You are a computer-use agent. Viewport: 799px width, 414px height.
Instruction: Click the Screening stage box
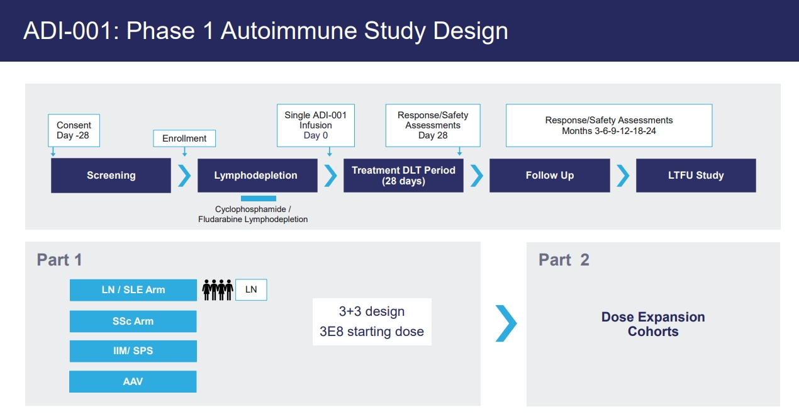pos(111,176)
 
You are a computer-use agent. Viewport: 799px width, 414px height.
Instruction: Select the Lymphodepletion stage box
pos(257,176)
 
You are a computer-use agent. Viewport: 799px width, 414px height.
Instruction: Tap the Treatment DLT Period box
pos(403,176)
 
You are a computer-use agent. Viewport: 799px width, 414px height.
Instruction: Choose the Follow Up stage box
pos(550,176)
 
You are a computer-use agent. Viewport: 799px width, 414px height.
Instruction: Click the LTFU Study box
pos(696,176)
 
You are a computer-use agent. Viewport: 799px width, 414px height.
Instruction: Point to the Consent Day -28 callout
pos(74,130)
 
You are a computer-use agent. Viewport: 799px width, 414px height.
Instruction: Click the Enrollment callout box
pos(184,138)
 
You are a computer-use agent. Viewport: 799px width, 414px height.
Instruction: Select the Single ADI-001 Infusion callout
pos(316,125)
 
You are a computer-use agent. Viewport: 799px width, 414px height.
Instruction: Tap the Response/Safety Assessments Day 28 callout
pos(433,125)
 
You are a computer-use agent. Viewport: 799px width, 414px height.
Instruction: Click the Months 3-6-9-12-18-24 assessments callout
pos(609,125)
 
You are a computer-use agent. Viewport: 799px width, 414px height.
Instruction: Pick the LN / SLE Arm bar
pos(133,290)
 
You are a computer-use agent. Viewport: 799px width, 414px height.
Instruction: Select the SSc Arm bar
pos(133,322)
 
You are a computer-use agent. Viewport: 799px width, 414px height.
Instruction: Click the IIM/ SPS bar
pos(133,351)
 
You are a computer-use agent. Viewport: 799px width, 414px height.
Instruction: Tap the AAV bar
pos(133,381)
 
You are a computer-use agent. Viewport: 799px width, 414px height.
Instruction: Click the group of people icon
pos(218,290)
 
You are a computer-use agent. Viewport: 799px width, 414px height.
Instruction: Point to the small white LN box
pos(251,290)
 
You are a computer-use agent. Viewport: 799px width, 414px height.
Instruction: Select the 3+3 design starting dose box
pos(372,322)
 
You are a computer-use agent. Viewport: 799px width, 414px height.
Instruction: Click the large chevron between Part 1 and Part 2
pos(506,323)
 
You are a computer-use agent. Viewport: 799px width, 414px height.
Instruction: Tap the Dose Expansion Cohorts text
pos(653,324)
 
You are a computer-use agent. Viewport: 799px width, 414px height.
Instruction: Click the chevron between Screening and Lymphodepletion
pos(184,176)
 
